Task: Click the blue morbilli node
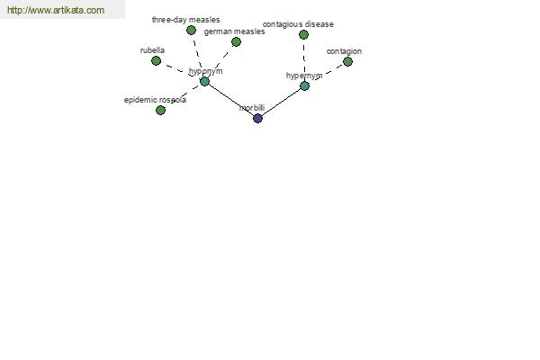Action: coord(257,118)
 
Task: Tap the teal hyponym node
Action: coord(204,82)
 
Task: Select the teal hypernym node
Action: coord(304,85)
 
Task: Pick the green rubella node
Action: coord(156,61)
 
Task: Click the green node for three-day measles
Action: coord(191,31)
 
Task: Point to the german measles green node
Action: coord(236,42)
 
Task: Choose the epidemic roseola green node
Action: coord(160,110)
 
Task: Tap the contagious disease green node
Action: coord(303,34)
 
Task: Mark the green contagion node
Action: coord(347,62)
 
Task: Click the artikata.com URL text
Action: coord(56,10)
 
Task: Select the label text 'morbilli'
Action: coord(252,108)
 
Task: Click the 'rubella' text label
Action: coord(152,50)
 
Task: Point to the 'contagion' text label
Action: coord(344,51)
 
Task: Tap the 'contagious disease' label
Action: coord(298,24)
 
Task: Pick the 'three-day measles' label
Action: coord(186,20)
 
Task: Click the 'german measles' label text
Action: coord(235,31)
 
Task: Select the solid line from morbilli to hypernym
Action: coord(281,102)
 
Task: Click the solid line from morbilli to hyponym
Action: coord(231,100)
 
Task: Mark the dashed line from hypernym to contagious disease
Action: coord(304,60)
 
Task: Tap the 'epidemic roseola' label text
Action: coord(156,100)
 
